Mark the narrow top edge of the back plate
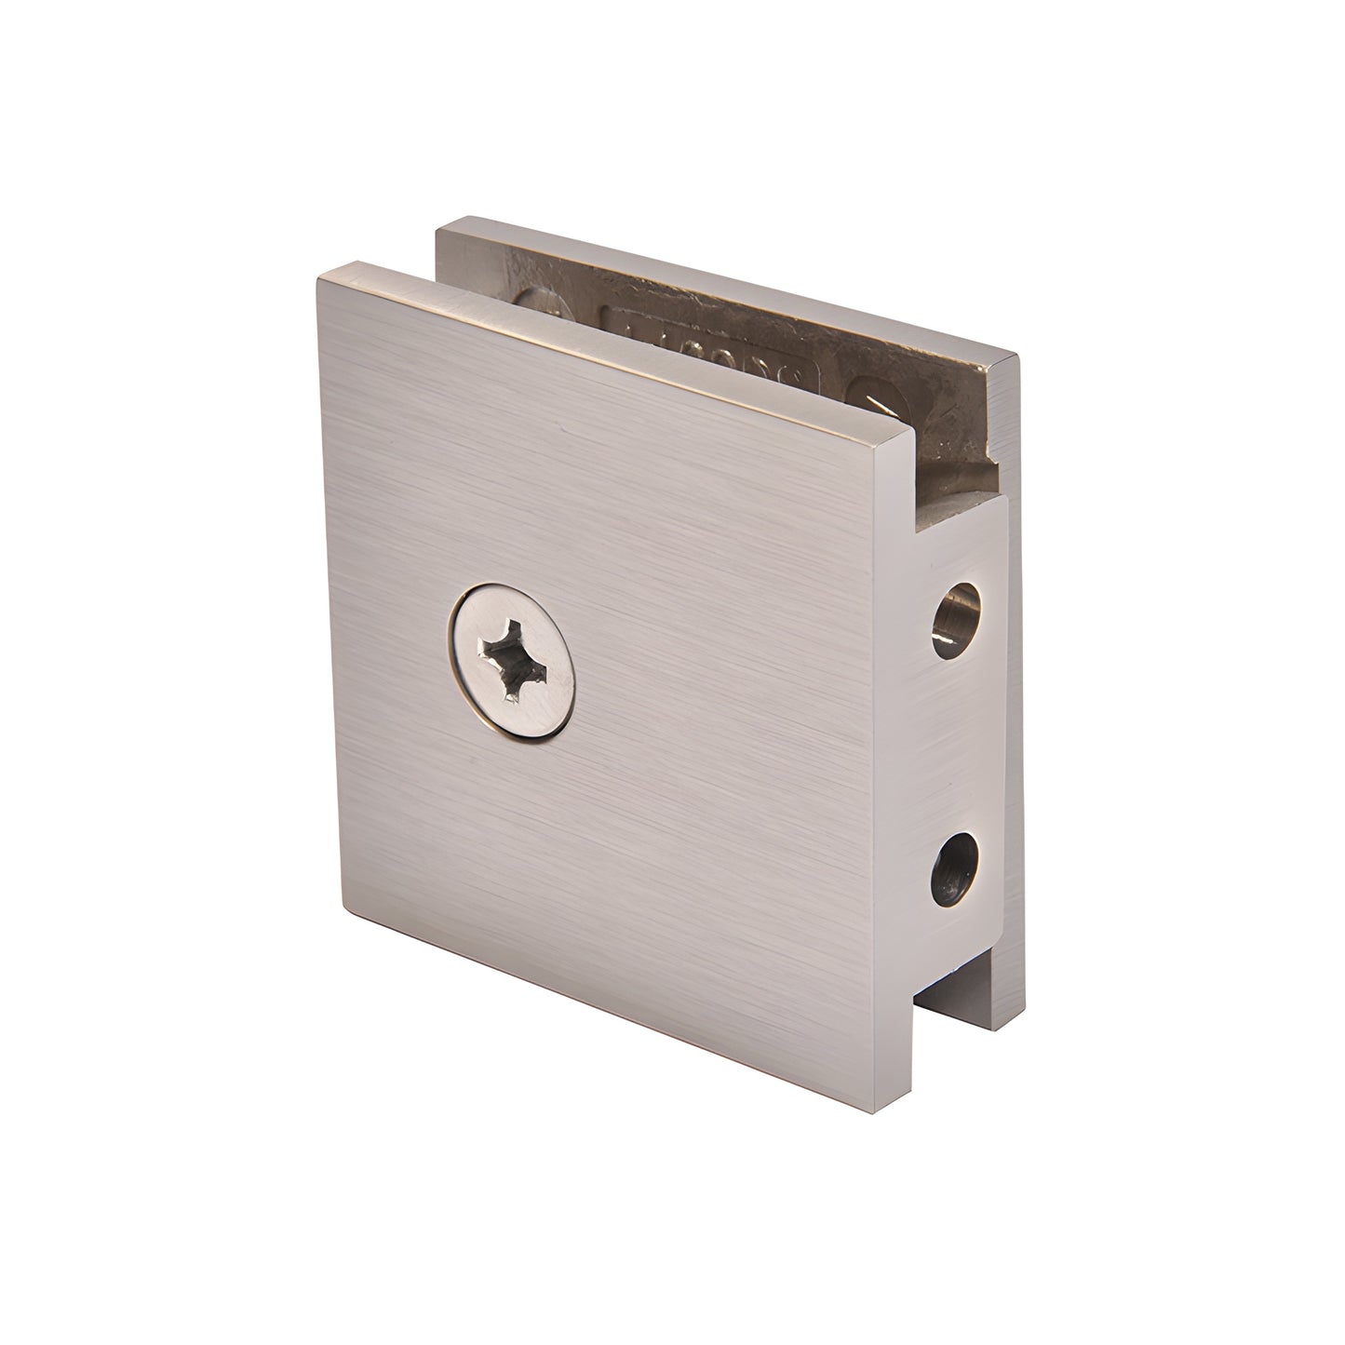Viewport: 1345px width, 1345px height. [726, 284]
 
